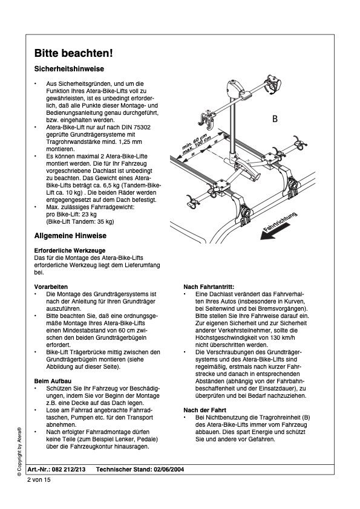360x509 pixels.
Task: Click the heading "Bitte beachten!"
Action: (73, 53)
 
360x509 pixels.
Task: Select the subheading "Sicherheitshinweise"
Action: (69, 69)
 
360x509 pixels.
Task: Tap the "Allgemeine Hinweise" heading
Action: (70, 236)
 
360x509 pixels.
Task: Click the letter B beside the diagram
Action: (275, 119)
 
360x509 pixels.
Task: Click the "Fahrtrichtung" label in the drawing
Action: (280, 222)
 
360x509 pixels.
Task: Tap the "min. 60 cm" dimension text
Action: (194, 141)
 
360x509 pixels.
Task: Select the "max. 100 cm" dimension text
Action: (197, 145)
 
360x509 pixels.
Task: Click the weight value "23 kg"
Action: (89, 214)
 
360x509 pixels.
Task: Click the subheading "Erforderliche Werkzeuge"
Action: (70, 251)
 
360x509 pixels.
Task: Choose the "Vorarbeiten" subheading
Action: (51, 287)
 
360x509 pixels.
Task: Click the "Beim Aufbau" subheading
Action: (53, 381)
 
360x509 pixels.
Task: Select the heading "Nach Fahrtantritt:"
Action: (209, 287)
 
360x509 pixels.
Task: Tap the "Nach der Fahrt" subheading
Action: (205, 410)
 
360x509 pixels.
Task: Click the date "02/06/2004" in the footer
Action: (169, 469)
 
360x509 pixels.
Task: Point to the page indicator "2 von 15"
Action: (39, 480)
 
